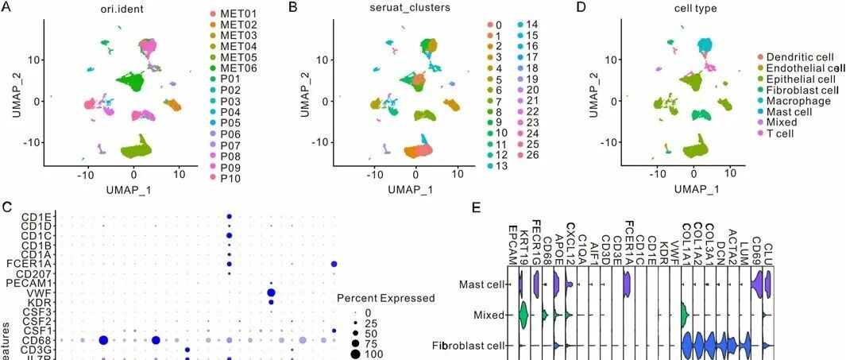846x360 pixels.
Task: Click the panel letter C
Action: click(x=7, y=207)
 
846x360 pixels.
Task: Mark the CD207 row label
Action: click(x=33, y=273)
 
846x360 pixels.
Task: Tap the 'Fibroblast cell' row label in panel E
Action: click(x=469, y=346)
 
